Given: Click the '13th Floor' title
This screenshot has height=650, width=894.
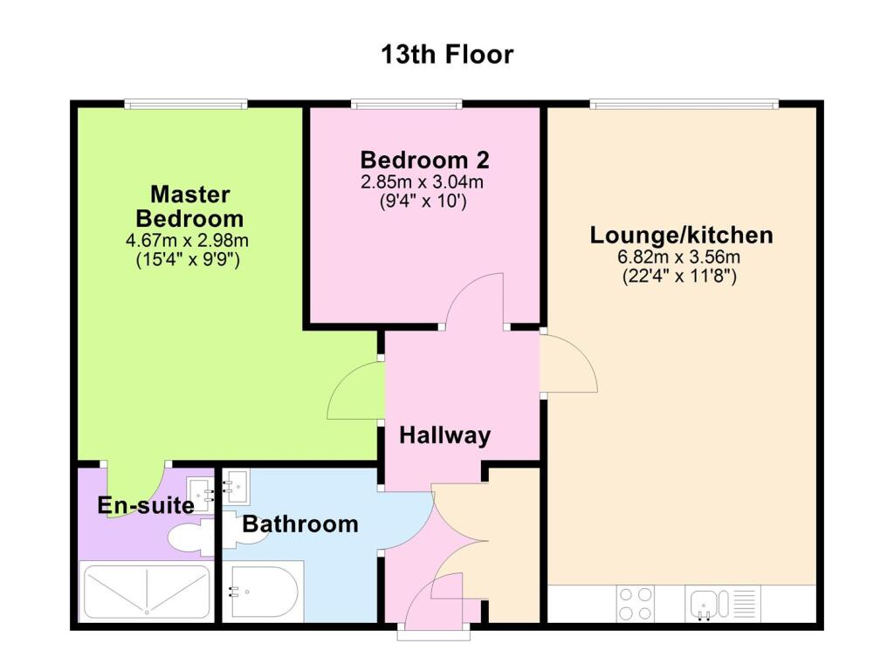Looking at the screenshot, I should tap(447, 54).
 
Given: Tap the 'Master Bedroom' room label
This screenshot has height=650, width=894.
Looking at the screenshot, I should tap(189, 206).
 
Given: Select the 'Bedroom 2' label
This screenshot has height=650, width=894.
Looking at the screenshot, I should tap(424, 161).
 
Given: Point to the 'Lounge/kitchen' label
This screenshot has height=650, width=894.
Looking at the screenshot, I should tap(681, 235).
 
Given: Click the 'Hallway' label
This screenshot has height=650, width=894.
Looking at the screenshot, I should tap(445, 435).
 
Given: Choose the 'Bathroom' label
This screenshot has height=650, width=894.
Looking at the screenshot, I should tap(300, 524).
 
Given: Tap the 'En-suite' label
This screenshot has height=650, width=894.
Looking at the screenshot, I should tap(134, 504).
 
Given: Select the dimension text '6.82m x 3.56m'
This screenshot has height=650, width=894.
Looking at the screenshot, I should tap(681, 257).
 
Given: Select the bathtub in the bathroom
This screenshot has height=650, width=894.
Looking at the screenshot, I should tap(263, 592).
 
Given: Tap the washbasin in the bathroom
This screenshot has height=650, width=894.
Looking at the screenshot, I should tap(237, 483).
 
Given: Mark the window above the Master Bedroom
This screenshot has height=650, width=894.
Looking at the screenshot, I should tap(185, 105).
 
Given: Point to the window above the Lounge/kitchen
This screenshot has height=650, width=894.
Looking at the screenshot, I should tap(682, 105).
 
